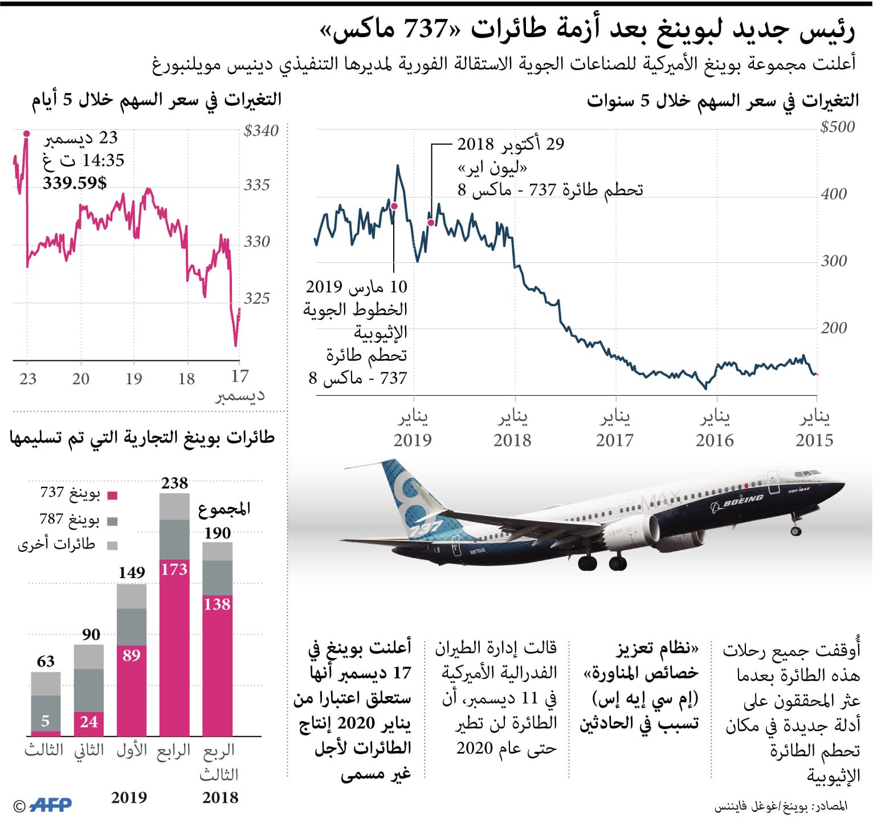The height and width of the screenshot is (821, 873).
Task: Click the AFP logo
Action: [x=50, y=804]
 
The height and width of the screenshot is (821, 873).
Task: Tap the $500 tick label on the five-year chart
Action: [x=837, y=127]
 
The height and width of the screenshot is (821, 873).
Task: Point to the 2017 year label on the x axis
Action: [x=614, y=440]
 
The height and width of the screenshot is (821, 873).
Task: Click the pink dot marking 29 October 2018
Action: [x=431, y=223]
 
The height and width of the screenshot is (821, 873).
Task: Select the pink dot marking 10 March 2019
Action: [x=394, y=206]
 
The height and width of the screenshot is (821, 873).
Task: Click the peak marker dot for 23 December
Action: [x=26, y=134]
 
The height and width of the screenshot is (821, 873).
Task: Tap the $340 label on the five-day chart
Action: [x=261, y=131]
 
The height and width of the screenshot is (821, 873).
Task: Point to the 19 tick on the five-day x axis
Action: [x=133, y=379]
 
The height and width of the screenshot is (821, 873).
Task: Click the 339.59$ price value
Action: [x=75, y=183]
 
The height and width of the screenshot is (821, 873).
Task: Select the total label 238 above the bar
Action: [x=174, y=483]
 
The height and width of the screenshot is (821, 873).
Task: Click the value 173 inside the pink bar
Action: [x=174, y=569]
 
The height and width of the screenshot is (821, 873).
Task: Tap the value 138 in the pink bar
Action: [x=217, y=604]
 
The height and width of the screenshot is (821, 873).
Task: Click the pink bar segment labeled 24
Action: [x=89, y=722]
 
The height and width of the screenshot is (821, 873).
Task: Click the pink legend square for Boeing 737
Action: [x=112, y=495]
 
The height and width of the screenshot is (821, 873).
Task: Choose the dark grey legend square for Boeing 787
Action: [x=112, y=521]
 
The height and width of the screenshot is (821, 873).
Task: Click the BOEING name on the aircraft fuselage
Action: [x=744, y=501]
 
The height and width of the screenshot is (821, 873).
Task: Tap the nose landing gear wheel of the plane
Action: [x=796, y=531]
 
